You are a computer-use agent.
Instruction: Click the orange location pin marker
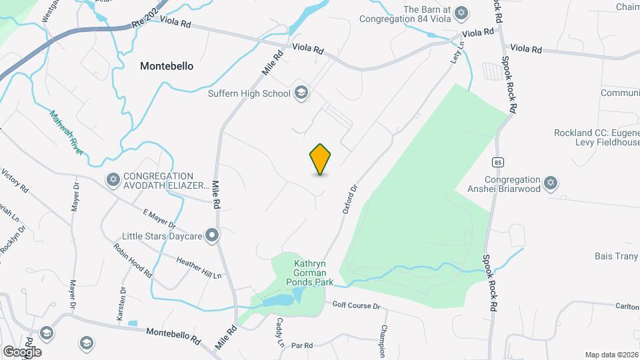point(321,159)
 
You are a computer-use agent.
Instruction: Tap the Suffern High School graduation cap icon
point(301,93)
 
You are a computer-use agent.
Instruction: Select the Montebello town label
point(167,66)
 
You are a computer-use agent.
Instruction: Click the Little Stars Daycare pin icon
point(212,235)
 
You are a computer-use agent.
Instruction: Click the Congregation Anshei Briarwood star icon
point(550,182)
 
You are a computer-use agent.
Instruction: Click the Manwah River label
point(67,133)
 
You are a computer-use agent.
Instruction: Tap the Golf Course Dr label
point(356,305)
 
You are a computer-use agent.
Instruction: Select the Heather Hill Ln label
point(199,267)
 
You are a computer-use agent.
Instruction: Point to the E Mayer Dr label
point(159,219)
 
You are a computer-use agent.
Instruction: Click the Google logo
point(22,351)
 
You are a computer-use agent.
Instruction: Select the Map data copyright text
point(611,355)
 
